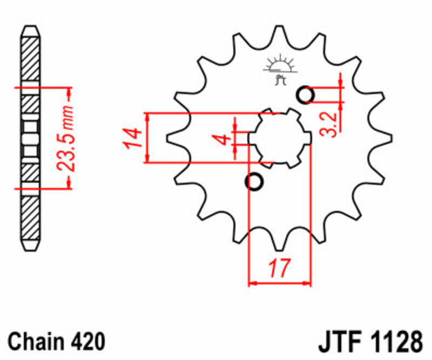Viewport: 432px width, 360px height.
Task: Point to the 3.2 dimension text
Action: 332,123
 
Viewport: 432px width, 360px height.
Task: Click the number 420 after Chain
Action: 85,341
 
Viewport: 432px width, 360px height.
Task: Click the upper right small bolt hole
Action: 306,95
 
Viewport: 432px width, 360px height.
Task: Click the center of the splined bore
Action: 280,138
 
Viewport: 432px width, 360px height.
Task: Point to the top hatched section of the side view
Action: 30,59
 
